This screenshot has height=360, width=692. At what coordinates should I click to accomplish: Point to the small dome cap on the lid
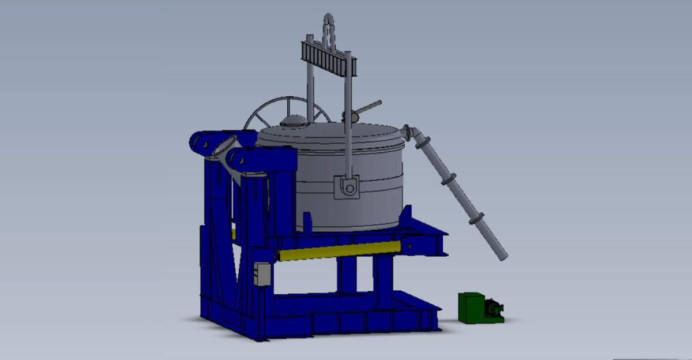click(293, 121)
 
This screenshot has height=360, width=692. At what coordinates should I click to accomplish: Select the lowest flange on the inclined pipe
click(477, 220)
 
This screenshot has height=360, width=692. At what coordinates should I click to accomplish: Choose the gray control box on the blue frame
click(263, 275)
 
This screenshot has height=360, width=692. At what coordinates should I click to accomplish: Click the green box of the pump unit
click(471, 307)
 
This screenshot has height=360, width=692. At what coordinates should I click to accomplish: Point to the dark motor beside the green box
click(493, 309)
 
